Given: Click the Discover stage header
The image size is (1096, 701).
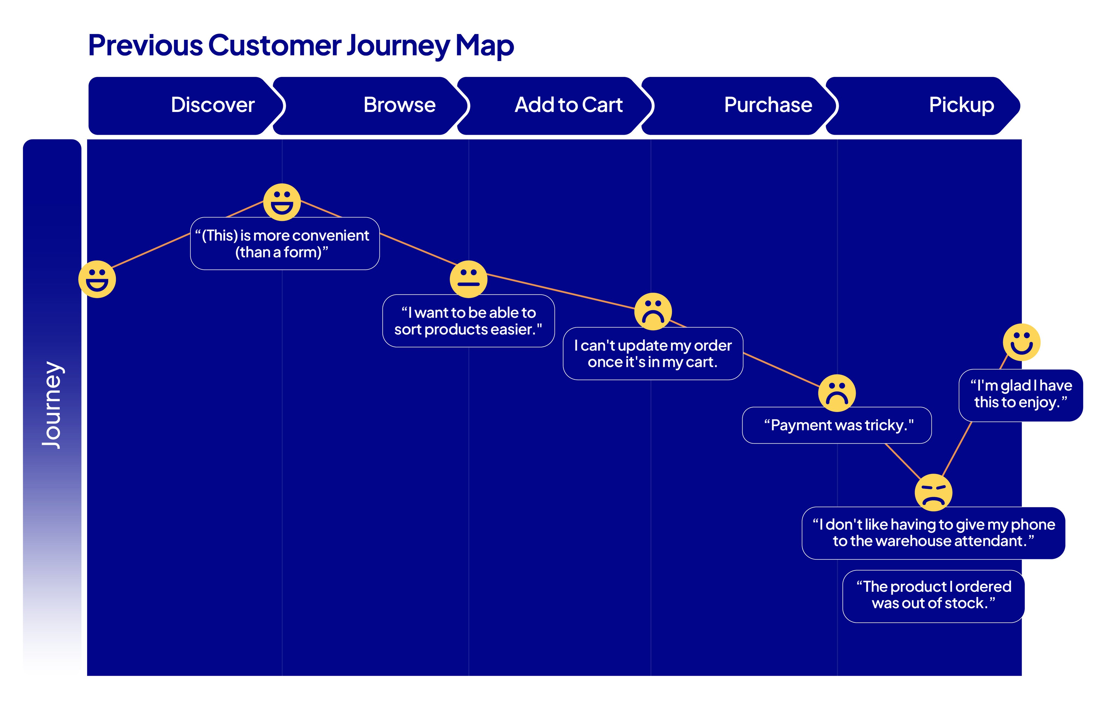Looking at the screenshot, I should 213,105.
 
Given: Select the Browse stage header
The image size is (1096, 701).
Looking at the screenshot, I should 399,105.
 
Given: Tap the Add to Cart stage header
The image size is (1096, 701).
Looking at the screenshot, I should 568,105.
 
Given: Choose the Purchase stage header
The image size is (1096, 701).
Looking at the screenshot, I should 768,105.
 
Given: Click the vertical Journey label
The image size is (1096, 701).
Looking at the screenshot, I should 52,405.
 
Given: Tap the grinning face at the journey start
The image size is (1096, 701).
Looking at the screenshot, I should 97,280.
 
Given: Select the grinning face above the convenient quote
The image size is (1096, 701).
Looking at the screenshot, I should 282,202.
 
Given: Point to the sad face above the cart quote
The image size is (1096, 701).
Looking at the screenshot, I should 653,311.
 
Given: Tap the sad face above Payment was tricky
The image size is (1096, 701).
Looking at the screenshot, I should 837,393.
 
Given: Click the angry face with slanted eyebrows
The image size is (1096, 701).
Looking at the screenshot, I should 933,493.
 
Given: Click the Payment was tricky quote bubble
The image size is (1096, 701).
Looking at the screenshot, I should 837,425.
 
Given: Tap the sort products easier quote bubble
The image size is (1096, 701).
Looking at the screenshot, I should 468,321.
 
